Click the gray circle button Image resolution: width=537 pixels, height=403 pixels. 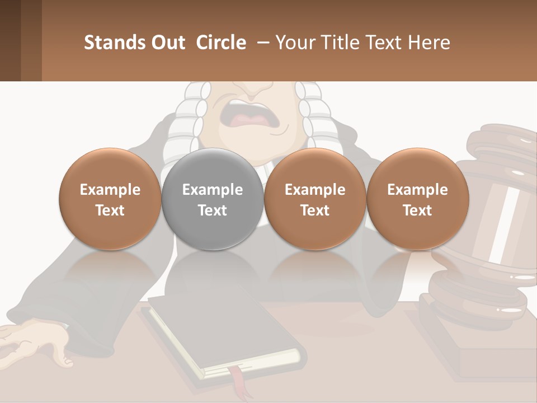pyautogui.click(x=213, y=199)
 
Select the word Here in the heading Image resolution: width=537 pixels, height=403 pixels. pyautogui.click(x=430, y=43)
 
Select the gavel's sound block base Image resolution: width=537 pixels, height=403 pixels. pyautogui.click(x=487, y=347)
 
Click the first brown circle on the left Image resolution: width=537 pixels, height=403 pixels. pyautogui.click(x=110, y=199)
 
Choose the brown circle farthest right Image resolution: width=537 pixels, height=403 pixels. pyautogui.click(x=417, y=199)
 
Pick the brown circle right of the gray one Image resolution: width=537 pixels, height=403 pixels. pyautogui.click(x=315, y=199)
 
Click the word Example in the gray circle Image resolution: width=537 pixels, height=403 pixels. pyautogui.click(x=213, y=190)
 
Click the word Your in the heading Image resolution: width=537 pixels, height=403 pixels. pyautogui.click(x=295, y=43)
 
